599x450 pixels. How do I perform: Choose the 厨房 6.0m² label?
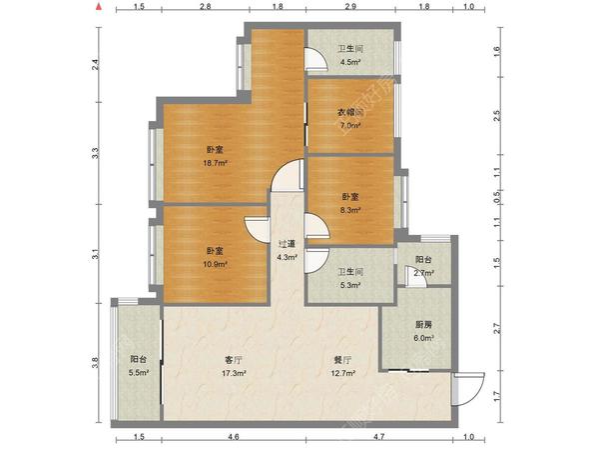pos(423,331)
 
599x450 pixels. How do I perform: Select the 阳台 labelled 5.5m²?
pos(139,365)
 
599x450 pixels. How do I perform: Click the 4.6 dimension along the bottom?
pos(233,438)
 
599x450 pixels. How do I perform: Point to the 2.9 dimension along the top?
pos(351,7)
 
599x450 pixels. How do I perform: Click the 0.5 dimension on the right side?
pos(496,224)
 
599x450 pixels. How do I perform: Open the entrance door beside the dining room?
pos(465,386)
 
